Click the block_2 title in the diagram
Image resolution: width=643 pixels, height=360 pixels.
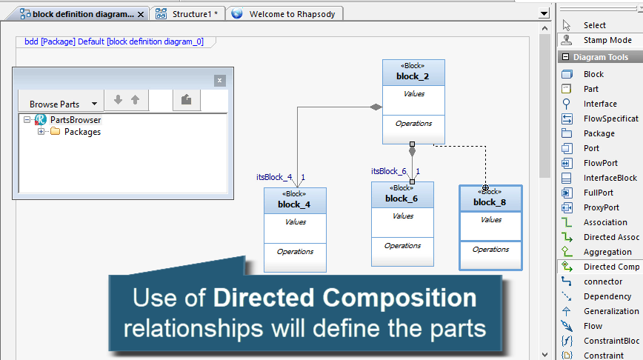pyautogui.click(x=413, y=76)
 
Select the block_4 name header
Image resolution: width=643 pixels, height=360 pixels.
pyautogui.click(x=294, y=204)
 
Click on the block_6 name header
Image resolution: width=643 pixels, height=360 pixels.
pyautogui.click(x=402, y=198)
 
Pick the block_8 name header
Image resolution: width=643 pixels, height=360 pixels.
pyautogui.click(x=490, y=201)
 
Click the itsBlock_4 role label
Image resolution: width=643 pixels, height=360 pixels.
pyautogui.click(x=275, y=177)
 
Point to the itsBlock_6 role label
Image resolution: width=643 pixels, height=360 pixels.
pyautogui.click(x=389, y=171)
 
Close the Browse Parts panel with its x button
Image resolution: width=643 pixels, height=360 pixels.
pyautogui.click(x=219, y=81)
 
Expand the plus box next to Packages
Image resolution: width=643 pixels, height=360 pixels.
pyautogui.click(x=41, y=132)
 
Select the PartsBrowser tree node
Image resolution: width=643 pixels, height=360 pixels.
pyautogui.click(x=75, y=119)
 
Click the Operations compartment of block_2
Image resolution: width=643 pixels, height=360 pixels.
pyautogui.click(x=413, y=124)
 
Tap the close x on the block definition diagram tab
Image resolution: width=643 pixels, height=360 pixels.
pyautogui.click(x=141, y=14)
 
